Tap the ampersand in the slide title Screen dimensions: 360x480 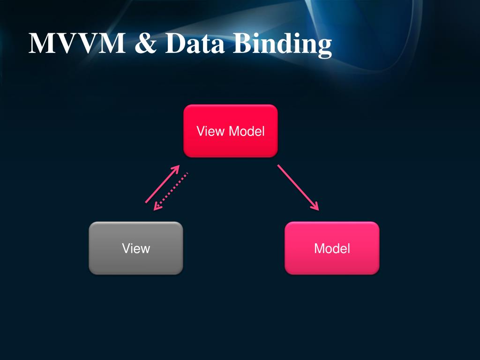[146, 44]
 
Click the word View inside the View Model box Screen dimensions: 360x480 [210, 131]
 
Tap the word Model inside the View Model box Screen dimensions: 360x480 [247, 131]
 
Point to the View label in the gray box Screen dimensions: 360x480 [136, 248]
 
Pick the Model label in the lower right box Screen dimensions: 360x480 [332, 248]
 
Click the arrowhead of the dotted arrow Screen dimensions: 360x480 [157, 207]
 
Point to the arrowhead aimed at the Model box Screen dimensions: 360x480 [315, 207]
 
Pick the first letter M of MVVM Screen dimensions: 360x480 [39, 44]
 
